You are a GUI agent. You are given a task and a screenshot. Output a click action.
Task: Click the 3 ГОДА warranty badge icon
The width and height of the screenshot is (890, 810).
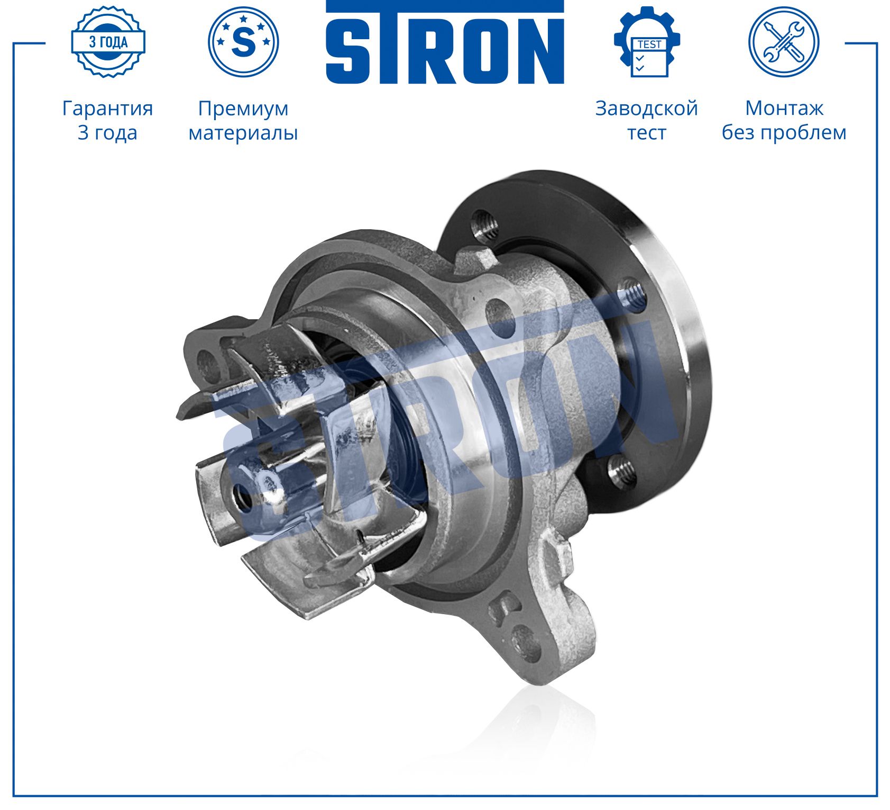click(108, 42)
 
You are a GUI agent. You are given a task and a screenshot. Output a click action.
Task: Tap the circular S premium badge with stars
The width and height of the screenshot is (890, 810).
click(243, 42)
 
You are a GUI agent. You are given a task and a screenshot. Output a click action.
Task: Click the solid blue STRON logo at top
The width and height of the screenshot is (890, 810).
click(445, 42)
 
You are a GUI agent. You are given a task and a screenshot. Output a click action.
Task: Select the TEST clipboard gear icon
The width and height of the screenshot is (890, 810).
click(647, 42)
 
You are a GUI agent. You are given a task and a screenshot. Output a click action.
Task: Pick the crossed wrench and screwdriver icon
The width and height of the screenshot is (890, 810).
click(784, 42)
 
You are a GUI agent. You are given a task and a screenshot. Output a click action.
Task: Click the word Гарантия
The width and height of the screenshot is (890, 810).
click(108, 109)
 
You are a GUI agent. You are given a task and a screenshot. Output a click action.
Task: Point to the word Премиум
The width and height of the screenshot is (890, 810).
click(243, 109)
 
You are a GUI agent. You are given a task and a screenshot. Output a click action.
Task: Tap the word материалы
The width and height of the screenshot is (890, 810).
click(243, 132)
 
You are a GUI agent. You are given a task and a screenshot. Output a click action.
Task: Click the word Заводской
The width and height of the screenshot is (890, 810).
click(647, 109)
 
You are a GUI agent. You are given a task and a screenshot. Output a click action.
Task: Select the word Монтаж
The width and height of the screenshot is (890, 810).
click(784, 108)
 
